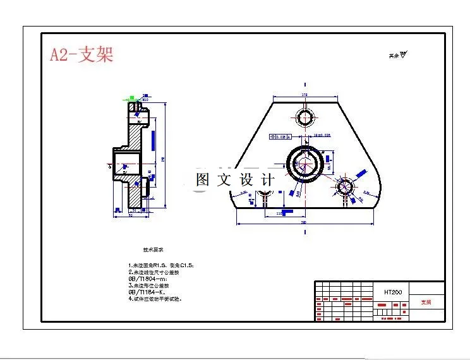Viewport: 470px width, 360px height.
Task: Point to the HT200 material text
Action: (x=393, y=292)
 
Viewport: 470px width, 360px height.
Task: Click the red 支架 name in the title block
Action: (x=426, y=302)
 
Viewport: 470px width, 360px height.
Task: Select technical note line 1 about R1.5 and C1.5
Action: (x=160, y=265)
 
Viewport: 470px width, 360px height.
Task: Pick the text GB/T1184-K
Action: (x=147, y=292)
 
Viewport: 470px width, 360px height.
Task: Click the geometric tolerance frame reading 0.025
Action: (x=280, y=135)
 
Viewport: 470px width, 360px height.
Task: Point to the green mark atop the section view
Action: (x=131, y=99)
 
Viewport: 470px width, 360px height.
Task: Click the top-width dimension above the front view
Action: (x=304, y=95)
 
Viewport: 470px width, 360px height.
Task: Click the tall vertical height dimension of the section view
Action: (x=165, y=157)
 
